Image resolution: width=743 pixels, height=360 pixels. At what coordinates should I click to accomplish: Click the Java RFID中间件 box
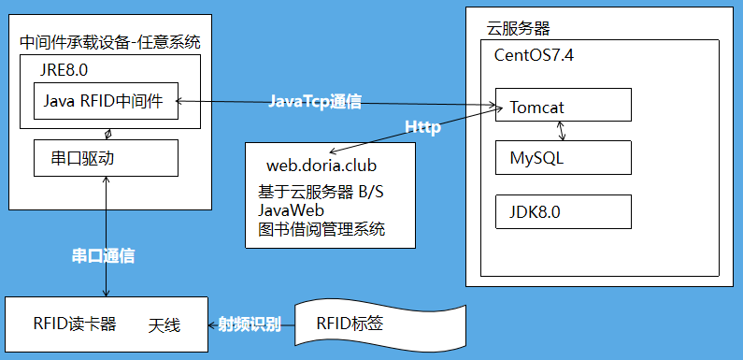coord(105,101)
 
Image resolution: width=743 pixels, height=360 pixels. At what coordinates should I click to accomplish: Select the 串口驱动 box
coord(105,157)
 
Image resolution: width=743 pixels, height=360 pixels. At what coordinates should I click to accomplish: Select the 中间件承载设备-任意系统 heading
coord(110,43)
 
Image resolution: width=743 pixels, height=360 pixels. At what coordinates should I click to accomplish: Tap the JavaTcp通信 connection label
coord(315,101)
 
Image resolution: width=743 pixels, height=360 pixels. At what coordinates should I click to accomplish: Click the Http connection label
coord(422,127)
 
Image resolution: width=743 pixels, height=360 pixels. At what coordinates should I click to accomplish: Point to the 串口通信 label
coord(103,255)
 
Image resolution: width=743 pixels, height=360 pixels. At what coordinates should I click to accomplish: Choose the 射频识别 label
coord(250,324)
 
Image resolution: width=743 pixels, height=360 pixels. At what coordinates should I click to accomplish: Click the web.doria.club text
coord(321,166)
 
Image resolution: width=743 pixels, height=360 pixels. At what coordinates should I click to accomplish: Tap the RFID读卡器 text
coord(75,324)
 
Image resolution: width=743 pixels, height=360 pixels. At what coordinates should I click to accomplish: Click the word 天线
coord(164,325)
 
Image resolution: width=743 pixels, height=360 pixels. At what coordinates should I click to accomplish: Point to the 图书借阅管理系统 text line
coord(321,229)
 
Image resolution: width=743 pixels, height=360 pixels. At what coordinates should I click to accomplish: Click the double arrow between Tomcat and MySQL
coord(561,129)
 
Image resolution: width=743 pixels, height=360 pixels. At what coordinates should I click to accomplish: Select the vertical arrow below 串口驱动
coord(108,236)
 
